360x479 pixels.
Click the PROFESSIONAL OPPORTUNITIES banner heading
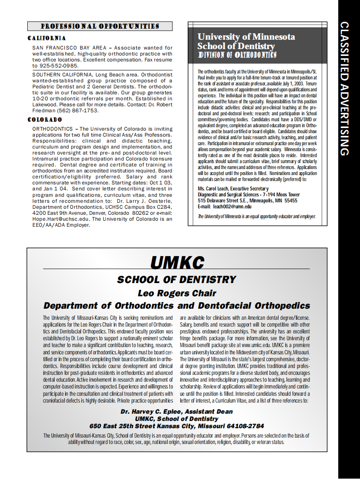click(100, 26)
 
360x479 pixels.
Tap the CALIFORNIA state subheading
click(46, 38)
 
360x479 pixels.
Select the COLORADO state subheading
click(45, 120)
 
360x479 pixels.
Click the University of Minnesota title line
click(246, 37)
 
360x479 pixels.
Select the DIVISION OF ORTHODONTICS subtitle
click(237, 55)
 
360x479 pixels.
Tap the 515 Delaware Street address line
click(247, 200)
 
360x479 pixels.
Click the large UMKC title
click(177, 263)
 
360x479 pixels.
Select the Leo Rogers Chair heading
click(177, 293)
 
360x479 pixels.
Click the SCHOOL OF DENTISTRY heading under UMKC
click(177, 280)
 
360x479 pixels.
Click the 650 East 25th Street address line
click(177, 426)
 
